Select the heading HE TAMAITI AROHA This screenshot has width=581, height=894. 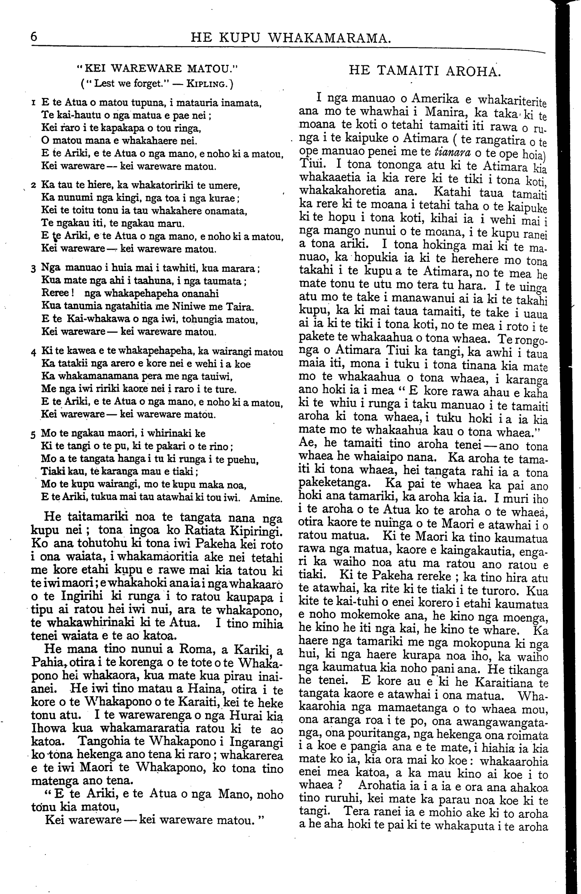point(425,71)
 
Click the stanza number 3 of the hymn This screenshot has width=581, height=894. point(34,269)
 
